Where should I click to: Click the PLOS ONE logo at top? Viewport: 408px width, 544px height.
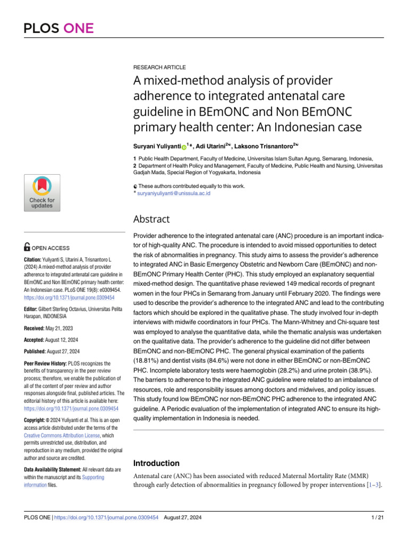tap(58, 28)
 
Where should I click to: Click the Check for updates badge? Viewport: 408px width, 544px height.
tap(41, 192)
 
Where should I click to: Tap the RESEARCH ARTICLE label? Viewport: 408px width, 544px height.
tap(159, 67)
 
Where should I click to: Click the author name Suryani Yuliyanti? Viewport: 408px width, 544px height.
tap(156, 146)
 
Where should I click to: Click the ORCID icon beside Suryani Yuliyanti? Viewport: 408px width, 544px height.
tap(184, 146)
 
